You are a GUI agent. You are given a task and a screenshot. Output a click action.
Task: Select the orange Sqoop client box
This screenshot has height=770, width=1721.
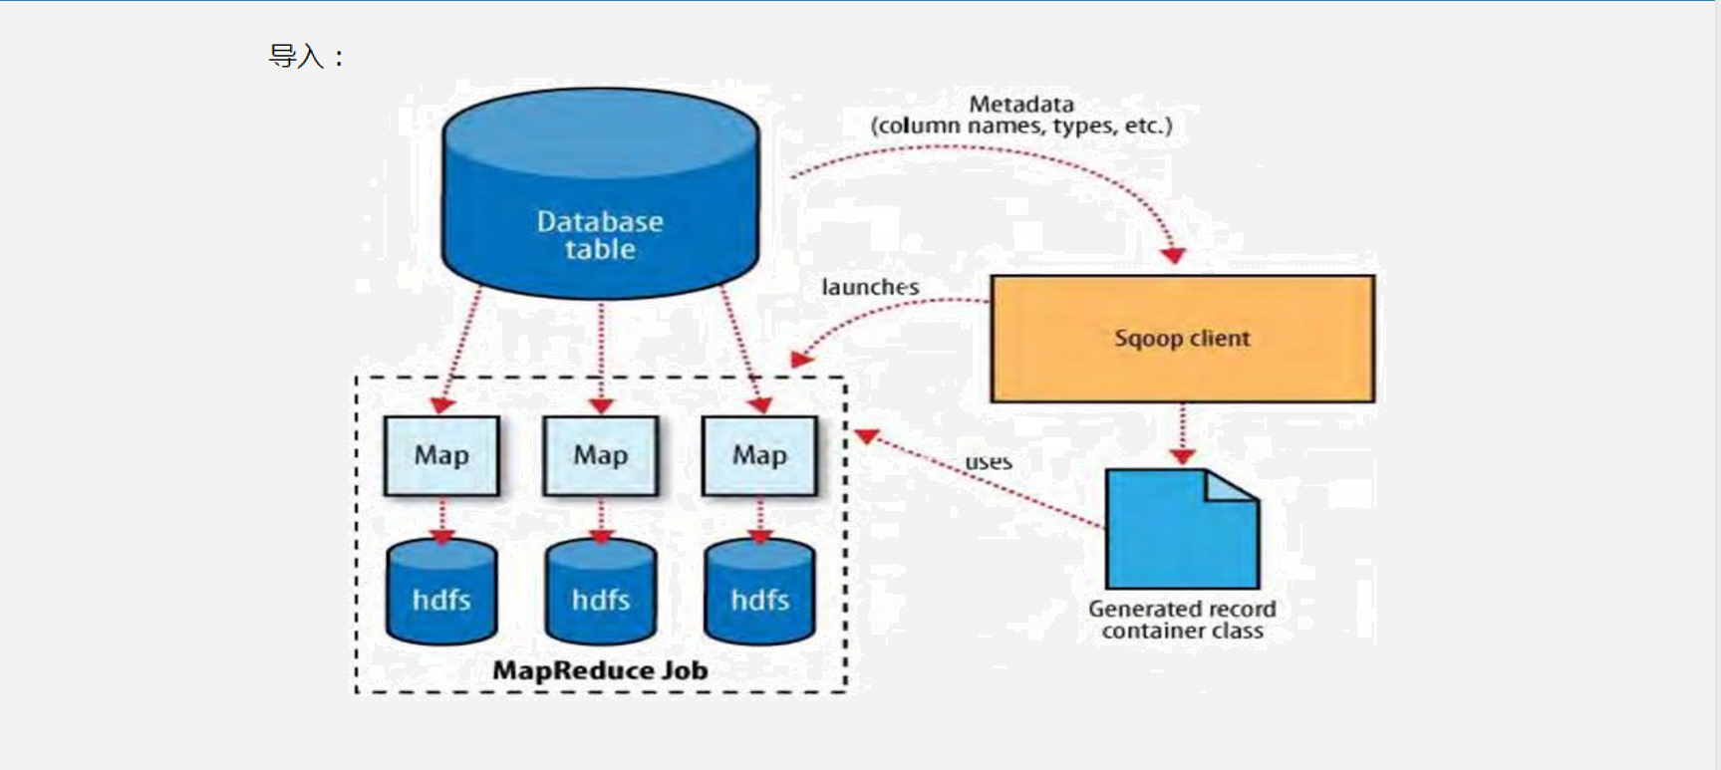tap(1182, 339)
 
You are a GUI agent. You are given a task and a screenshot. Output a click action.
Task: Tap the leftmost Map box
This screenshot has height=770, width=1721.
tap(441, 455)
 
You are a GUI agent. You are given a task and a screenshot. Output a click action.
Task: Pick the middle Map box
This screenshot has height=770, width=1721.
tap(600, 455)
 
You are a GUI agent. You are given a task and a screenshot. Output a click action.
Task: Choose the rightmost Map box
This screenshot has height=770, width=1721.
tap(759, 455)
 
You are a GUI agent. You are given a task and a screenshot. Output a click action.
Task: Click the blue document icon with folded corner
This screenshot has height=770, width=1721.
tap(1182, 530)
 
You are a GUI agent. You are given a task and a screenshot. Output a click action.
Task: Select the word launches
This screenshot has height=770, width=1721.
tap(870, 287)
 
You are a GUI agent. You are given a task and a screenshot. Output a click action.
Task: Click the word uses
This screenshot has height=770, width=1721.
tap(988, 462)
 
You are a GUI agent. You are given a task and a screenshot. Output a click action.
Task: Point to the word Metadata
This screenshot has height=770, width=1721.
tap(1021, 104)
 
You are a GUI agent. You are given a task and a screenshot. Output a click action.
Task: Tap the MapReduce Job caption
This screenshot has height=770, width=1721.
tap(600, 670)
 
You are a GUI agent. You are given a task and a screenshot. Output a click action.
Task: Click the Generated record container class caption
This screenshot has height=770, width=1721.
tap(1182, 620)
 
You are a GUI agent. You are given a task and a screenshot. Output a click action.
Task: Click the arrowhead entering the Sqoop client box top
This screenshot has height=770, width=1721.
tap(1174, 256)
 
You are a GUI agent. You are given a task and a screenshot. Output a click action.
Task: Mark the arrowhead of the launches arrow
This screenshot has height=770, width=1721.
tap(801, 358)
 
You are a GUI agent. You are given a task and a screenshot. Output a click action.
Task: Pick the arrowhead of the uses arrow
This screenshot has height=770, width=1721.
tap(866, 436)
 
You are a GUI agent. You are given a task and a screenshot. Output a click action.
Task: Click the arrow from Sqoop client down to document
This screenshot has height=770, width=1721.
tap(1182, 434)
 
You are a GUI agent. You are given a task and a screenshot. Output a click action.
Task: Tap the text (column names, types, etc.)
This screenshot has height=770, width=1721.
tap(1021, 127)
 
